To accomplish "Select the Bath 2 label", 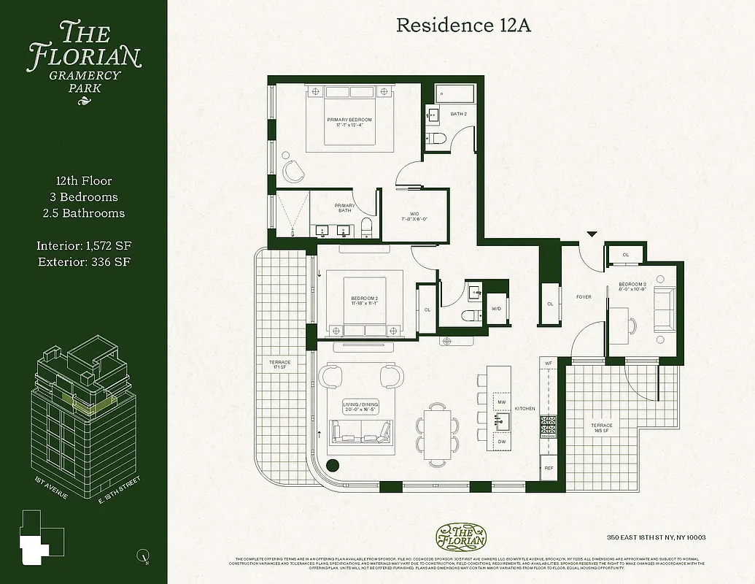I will click(x=458, y=114).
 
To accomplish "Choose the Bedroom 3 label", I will click(x=632, y=286).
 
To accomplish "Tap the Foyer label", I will click(x=583, y=297).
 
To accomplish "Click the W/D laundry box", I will click(x=497, y=309).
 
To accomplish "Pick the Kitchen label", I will click(x=524, y=409).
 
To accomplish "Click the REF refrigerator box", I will click(x=548, y=468).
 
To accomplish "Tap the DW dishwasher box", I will click(x=501, y=442).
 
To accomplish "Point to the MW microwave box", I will click(x=501, y=402).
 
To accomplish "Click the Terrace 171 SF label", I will click(x=280, y=364).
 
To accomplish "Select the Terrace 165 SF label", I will click(x=602, y=428).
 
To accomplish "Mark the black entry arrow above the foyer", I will click(x=592, y=234).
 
